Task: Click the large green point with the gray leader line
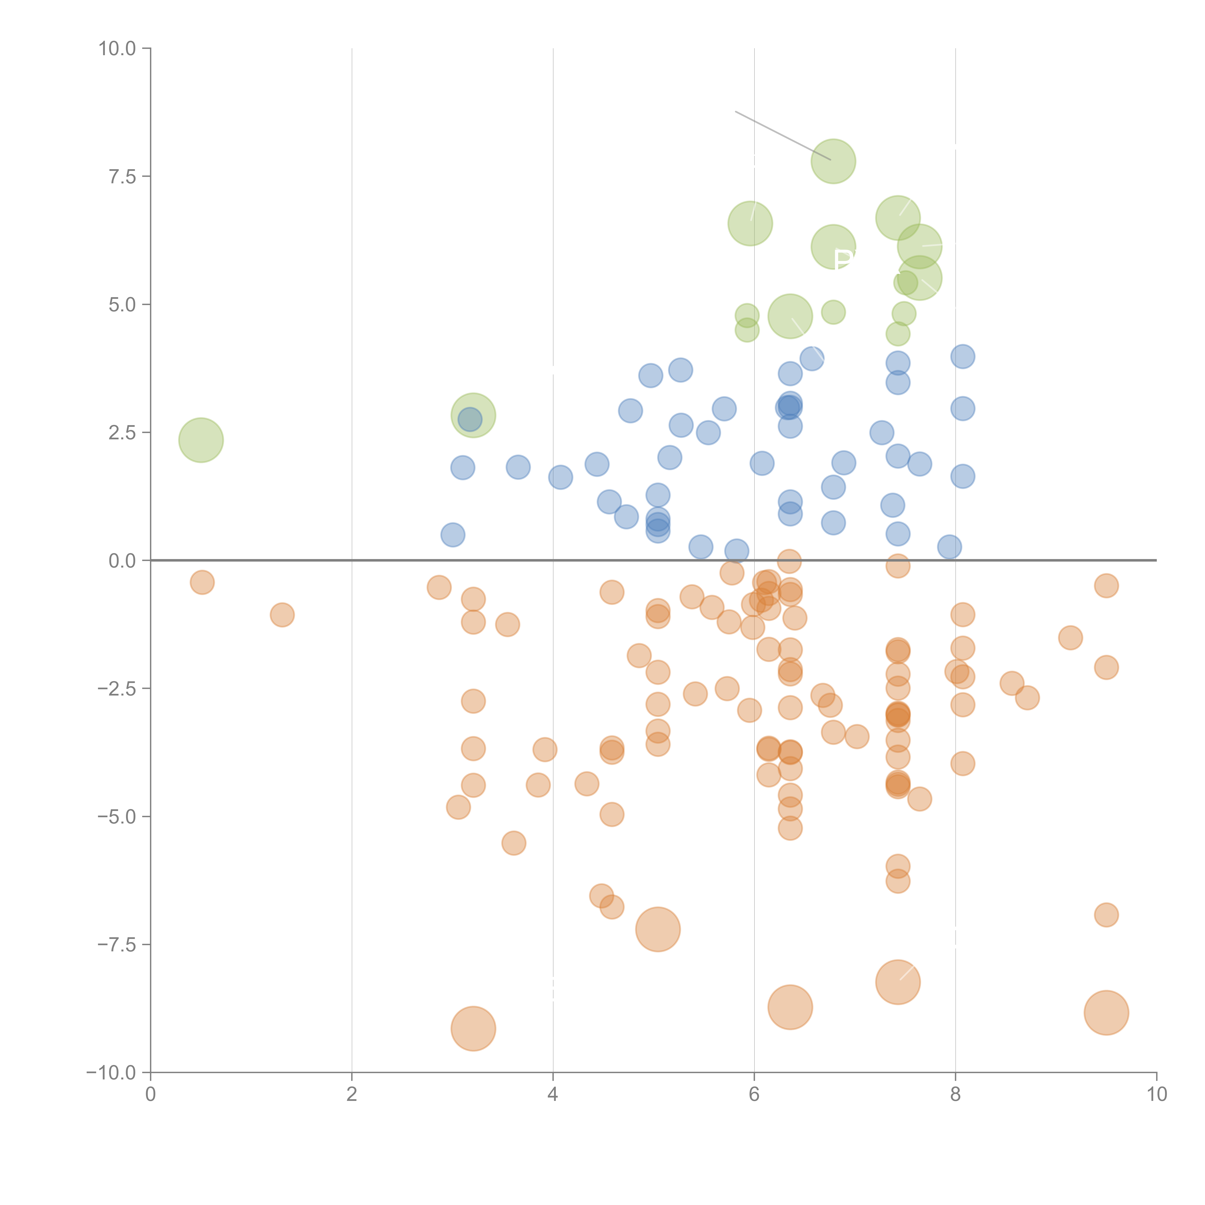point(833,161)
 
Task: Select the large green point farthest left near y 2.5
point(201,440)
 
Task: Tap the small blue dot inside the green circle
point(470,419)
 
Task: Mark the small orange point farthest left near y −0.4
point(202,582)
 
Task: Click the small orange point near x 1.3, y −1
point(282,615)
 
